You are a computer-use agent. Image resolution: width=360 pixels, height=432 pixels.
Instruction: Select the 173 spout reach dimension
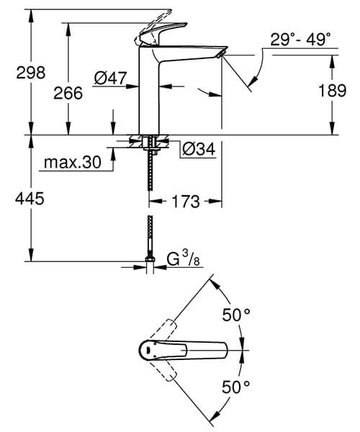point(185,202)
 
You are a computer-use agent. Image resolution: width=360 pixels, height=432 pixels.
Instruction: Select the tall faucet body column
point(149,94)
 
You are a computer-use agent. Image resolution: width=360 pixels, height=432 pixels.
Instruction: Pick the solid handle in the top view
point(184,351)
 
